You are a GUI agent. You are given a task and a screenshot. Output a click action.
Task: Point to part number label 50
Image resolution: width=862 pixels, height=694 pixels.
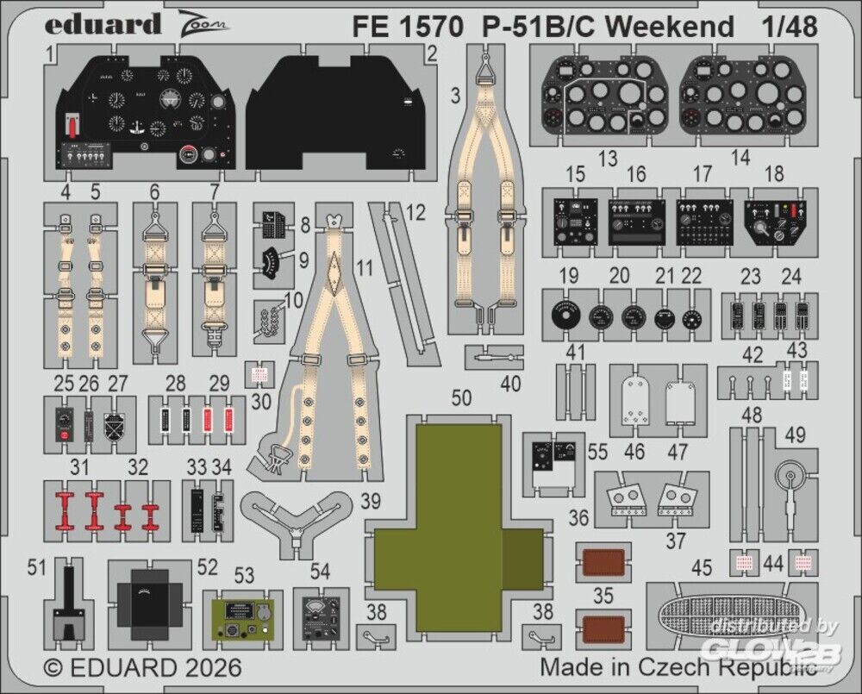tap(462, 398)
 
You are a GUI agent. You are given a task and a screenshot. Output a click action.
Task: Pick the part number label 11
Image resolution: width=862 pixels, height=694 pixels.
tap(365, 267)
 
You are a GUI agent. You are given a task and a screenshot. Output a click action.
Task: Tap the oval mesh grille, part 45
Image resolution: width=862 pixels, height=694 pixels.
tap(732, 614)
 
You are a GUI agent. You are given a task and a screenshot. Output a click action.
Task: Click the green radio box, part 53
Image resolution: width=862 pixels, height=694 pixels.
tap(243, 620)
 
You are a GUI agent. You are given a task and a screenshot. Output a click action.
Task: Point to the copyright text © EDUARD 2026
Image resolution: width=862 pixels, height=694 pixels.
tap(142, 667)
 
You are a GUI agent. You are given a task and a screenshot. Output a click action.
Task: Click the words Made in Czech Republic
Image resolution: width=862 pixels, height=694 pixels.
tap(678, 667)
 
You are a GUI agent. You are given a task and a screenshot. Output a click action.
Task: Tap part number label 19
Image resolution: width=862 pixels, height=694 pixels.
tap(567, 277)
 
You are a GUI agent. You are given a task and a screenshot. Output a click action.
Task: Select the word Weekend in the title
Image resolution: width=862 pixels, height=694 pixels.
tap(671, 26)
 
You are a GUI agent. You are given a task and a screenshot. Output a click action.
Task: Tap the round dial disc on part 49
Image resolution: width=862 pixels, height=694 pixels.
tap(790, 474)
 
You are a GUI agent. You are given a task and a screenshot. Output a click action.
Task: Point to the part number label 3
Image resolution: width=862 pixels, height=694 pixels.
tap(455, 97)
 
